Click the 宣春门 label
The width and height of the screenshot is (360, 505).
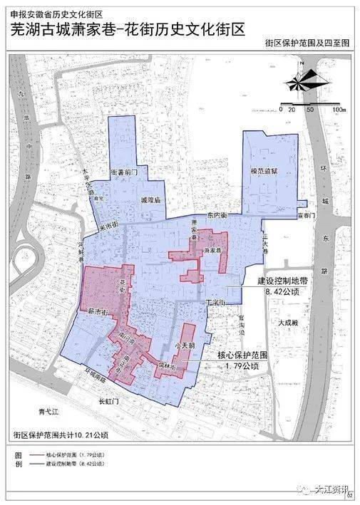point(287,213)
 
